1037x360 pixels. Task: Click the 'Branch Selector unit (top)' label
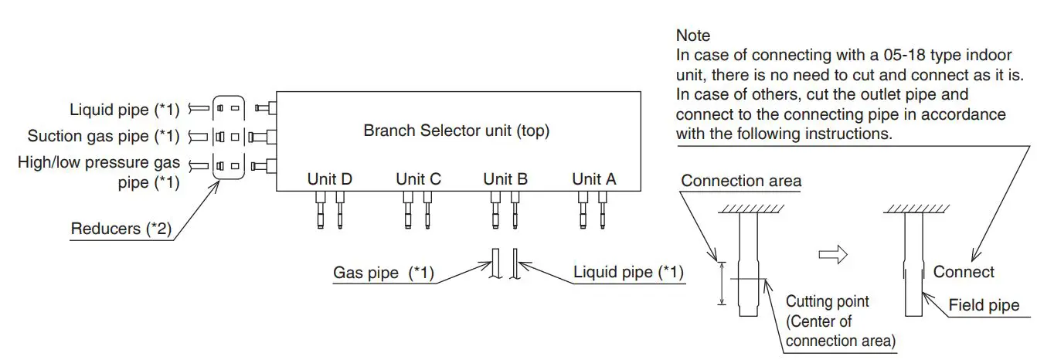point(456,131)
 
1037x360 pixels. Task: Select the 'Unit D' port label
point(330,178)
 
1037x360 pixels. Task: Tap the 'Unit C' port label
point(418,178)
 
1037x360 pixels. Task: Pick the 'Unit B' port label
point(505,178)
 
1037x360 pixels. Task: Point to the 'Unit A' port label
point(593,178)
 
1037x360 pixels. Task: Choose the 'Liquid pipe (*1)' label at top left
point(124,110)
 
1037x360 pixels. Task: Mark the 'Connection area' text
point(741,181)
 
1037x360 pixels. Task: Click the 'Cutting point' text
point(827,301)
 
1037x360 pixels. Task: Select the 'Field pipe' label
point(984,305)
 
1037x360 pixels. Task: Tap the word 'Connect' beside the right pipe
point(964,272)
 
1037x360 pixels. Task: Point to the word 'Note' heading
point(692,36)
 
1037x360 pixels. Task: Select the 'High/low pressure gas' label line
point(98,163)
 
